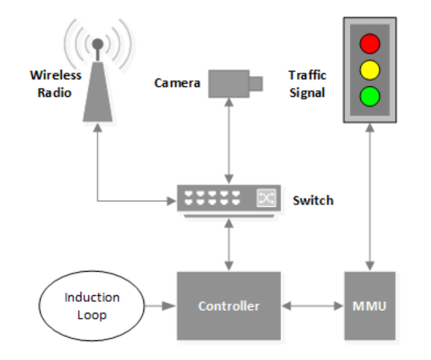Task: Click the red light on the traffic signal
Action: coord(370,44)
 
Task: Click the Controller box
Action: coord(229,305)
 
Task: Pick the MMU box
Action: coord(370,305)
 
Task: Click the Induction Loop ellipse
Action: coord(92,306)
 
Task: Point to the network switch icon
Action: coord(229,198)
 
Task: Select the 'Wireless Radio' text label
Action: coord(55,83)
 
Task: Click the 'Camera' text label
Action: coord(177,83)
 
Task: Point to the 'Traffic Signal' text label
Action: coord(307,84)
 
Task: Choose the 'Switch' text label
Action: coord(314,200)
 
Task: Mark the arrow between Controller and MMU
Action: coord(312,306)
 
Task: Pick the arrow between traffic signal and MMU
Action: coord(370,196)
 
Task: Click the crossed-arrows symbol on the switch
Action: coord(265,197)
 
